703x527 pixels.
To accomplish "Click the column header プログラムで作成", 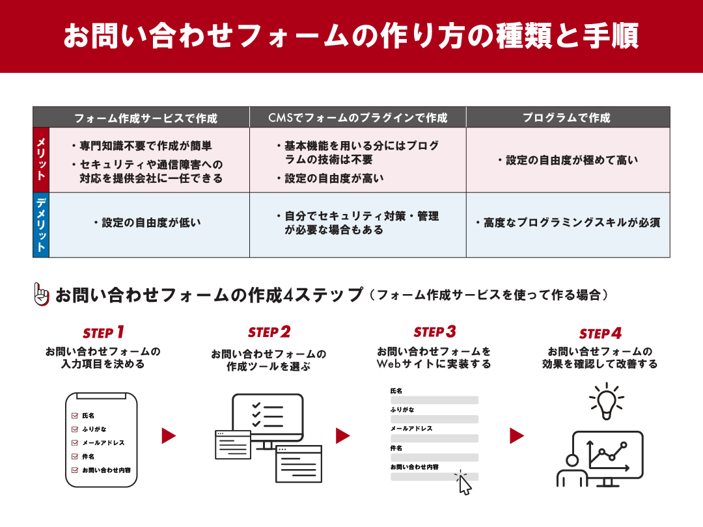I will tap(568, 118).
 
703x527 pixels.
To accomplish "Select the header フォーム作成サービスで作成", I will tap(145, 118).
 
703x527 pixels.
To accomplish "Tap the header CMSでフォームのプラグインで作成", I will tap(358, 118).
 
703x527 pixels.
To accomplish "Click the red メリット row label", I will tap(41, 159).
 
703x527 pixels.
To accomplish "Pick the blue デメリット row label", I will tap(41, 224).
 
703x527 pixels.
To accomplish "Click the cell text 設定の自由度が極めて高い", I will tap(568, 160).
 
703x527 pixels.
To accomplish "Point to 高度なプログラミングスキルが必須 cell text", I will tap(568, 223).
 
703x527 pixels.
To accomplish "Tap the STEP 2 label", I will tap(269, 332).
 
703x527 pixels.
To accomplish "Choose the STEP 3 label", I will tap(434, 332).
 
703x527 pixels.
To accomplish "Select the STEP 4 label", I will tap(600, 334).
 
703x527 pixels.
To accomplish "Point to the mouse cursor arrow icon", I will tap(464, 484).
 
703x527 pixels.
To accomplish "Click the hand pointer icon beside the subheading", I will tap(41, 295).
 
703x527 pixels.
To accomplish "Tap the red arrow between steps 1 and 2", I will tap(169, 435).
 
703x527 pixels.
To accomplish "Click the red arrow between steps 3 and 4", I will tap(517, 435).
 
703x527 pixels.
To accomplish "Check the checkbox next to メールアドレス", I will tap(75, 443).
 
